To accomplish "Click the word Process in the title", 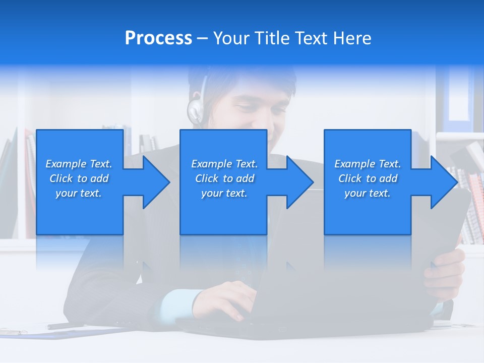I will tap(158, 38).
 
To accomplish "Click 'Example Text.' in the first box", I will tap(79, 164).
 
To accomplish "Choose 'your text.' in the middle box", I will tap(224, 193).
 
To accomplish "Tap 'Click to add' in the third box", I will tap(368, 178).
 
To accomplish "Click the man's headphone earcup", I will tap(195, 111).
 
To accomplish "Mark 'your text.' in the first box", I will tap(79, 193).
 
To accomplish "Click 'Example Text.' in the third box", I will tap(368, 164).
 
